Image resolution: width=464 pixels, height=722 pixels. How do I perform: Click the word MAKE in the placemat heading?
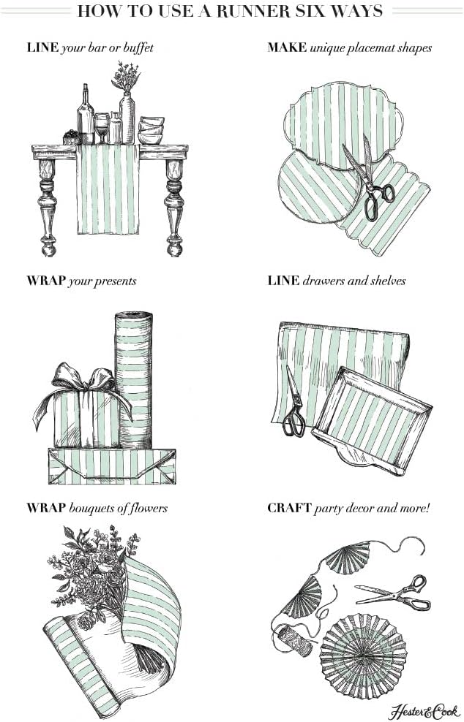tap(287, 48)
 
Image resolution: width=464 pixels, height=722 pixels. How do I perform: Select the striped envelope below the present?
tap(111, 465)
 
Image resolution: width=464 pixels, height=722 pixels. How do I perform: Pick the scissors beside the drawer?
tap(294, 406)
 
